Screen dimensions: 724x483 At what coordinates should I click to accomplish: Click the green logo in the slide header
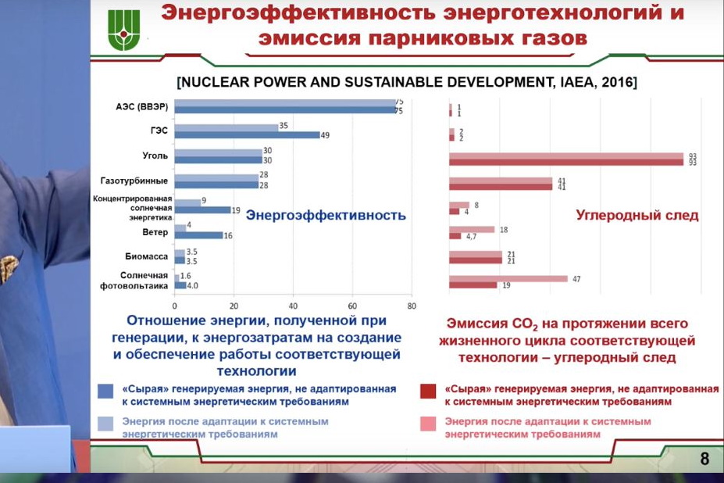coord(123,30)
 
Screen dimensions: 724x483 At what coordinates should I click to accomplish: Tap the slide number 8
coord(704,459)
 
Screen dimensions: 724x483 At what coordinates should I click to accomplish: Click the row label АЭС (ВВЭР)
coord(141,107)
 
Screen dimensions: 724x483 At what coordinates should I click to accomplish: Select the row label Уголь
coord(155,156)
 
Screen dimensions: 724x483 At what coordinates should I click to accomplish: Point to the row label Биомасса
coord(146,256)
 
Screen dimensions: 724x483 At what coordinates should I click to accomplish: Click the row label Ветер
coord(155,232)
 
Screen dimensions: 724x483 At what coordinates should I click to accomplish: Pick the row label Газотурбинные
coord(134,181)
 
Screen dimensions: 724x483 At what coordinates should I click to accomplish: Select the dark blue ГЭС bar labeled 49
coord(247,135)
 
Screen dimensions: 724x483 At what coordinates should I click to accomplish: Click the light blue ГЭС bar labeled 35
coord(226,127)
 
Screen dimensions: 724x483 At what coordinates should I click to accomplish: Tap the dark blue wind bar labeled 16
coord(198,235)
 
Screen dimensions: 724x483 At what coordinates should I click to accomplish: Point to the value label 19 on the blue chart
coord(236,210)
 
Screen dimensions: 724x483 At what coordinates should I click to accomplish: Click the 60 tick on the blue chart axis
coord(352,306)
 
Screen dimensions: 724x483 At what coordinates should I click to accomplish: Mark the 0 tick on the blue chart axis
coord(174,306)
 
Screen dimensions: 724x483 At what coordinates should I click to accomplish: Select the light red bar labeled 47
coord(508,279)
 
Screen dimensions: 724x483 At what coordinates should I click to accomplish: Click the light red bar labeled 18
coord(472,230)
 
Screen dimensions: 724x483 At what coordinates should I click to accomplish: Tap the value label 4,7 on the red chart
coord(471,237)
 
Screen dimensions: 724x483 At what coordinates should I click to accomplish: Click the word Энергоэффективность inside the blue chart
coord(326,216)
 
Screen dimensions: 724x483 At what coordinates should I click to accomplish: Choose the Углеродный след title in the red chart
coord(637,216)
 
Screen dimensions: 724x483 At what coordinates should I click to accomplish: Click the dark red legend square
coord(428,391)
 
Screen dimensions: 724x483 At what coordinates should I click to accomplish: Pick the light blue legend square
coord(105,424)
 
